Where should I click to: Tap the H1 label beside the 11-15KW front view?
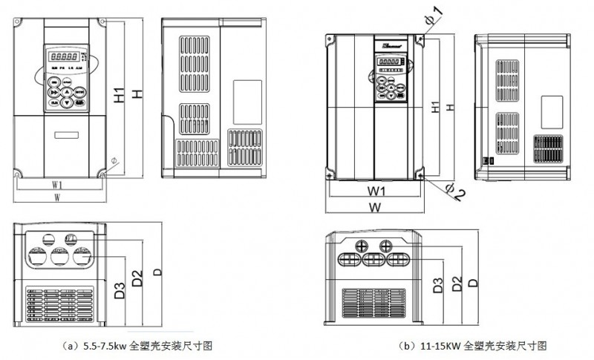[x=435, y=105]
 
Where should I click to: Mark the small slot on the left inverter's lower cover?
[x=66, y=135]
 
